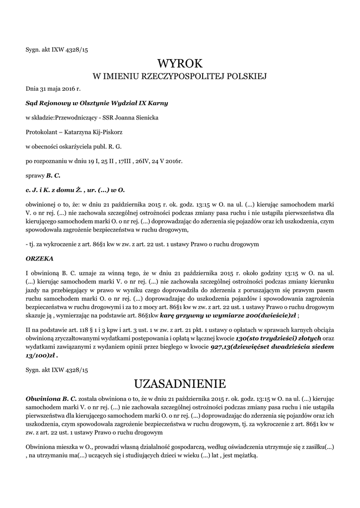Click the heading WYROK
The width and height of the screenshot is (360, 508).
click(x=180, y=63)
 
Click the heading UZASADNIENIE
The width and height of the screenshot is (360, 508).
click(x=180, y=384)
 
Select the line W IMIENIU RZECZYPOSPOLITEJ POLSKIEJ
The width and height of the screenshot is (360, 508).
click(x=180, y=76)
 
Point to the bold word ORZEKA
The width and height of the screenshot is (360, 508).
click(x=39, y=258)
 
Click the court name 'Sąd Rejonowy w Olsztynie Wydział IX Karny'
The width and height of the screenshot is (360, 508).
click(x=97, y=103)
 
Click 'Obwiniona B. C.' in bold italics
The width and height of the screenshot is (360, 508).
click(x=51, y=398)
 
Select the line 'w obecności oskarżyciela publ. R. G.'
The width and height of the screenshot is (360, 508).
click(x=73, y=147)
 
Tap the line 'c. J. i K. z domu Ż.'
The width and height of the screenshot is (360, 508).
click(x=75, y=190)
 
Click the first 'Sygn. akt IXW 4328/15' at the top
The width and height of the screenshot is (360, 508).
click(x=57, y=49)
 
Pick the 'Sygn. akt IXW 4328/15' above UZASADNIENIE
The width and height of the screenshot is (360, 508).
click(x=57, y=370)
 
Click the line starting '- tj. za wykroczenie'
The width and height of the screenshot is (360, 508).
click(x=142, y=245)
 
